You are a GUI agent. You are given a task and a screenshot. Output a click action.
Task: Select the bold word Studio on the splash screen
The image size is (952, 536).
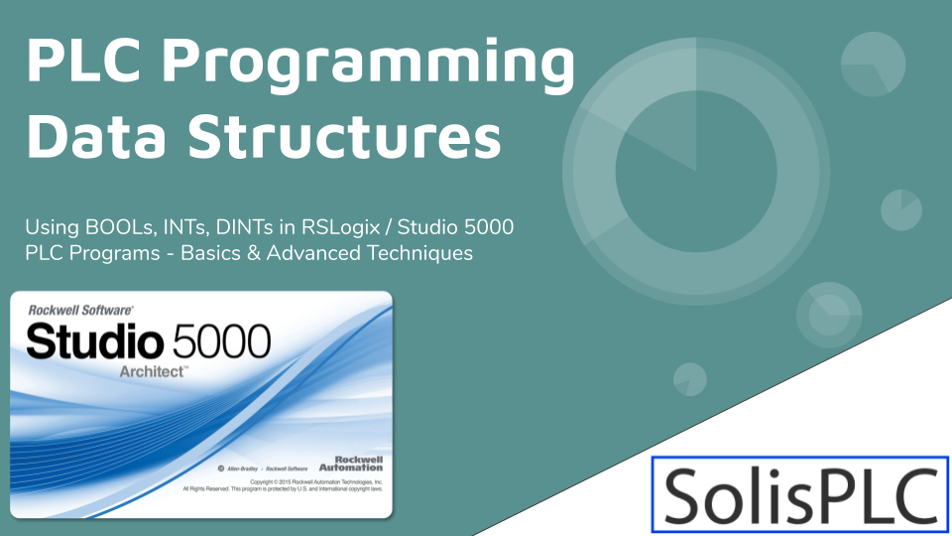(95, 341)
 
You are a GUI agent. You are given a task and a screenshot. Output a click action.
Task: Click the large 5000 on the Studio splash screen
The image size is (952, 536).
(220, 341)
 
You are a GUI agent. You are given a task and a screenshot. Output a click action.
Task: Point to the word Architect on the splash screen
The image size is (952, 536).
(154, 370)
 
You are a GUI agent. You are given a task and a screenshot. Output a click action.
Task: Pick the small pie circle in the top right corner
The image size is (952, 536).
(873, 64)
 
